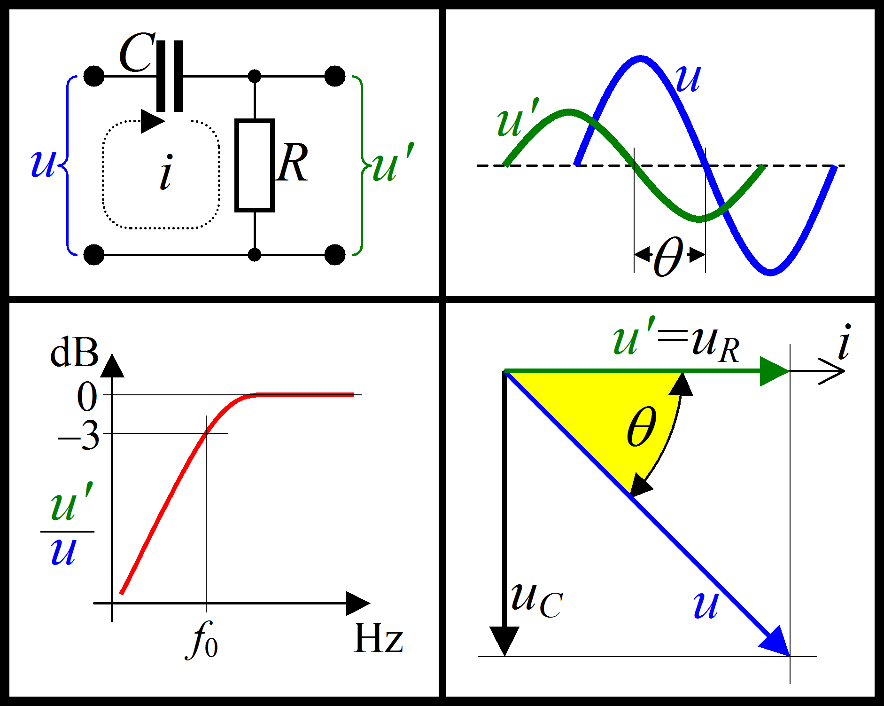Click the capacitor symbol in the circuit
[x=170, y=76]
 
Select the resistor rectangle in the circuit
[x=255, y=165]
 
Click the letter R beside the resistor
[x=292, y=163]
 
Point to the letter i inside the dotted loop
[x=166, y=173]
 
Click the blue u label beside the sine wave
[x=688, y=78]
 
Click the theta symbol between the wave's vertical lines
[x=668, y=257]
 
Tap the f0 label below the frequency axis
[x=203, y=640]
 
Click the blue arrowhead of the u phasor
[x=776, y=642]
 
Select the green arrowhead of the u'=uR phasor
[x=773, y=371]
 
